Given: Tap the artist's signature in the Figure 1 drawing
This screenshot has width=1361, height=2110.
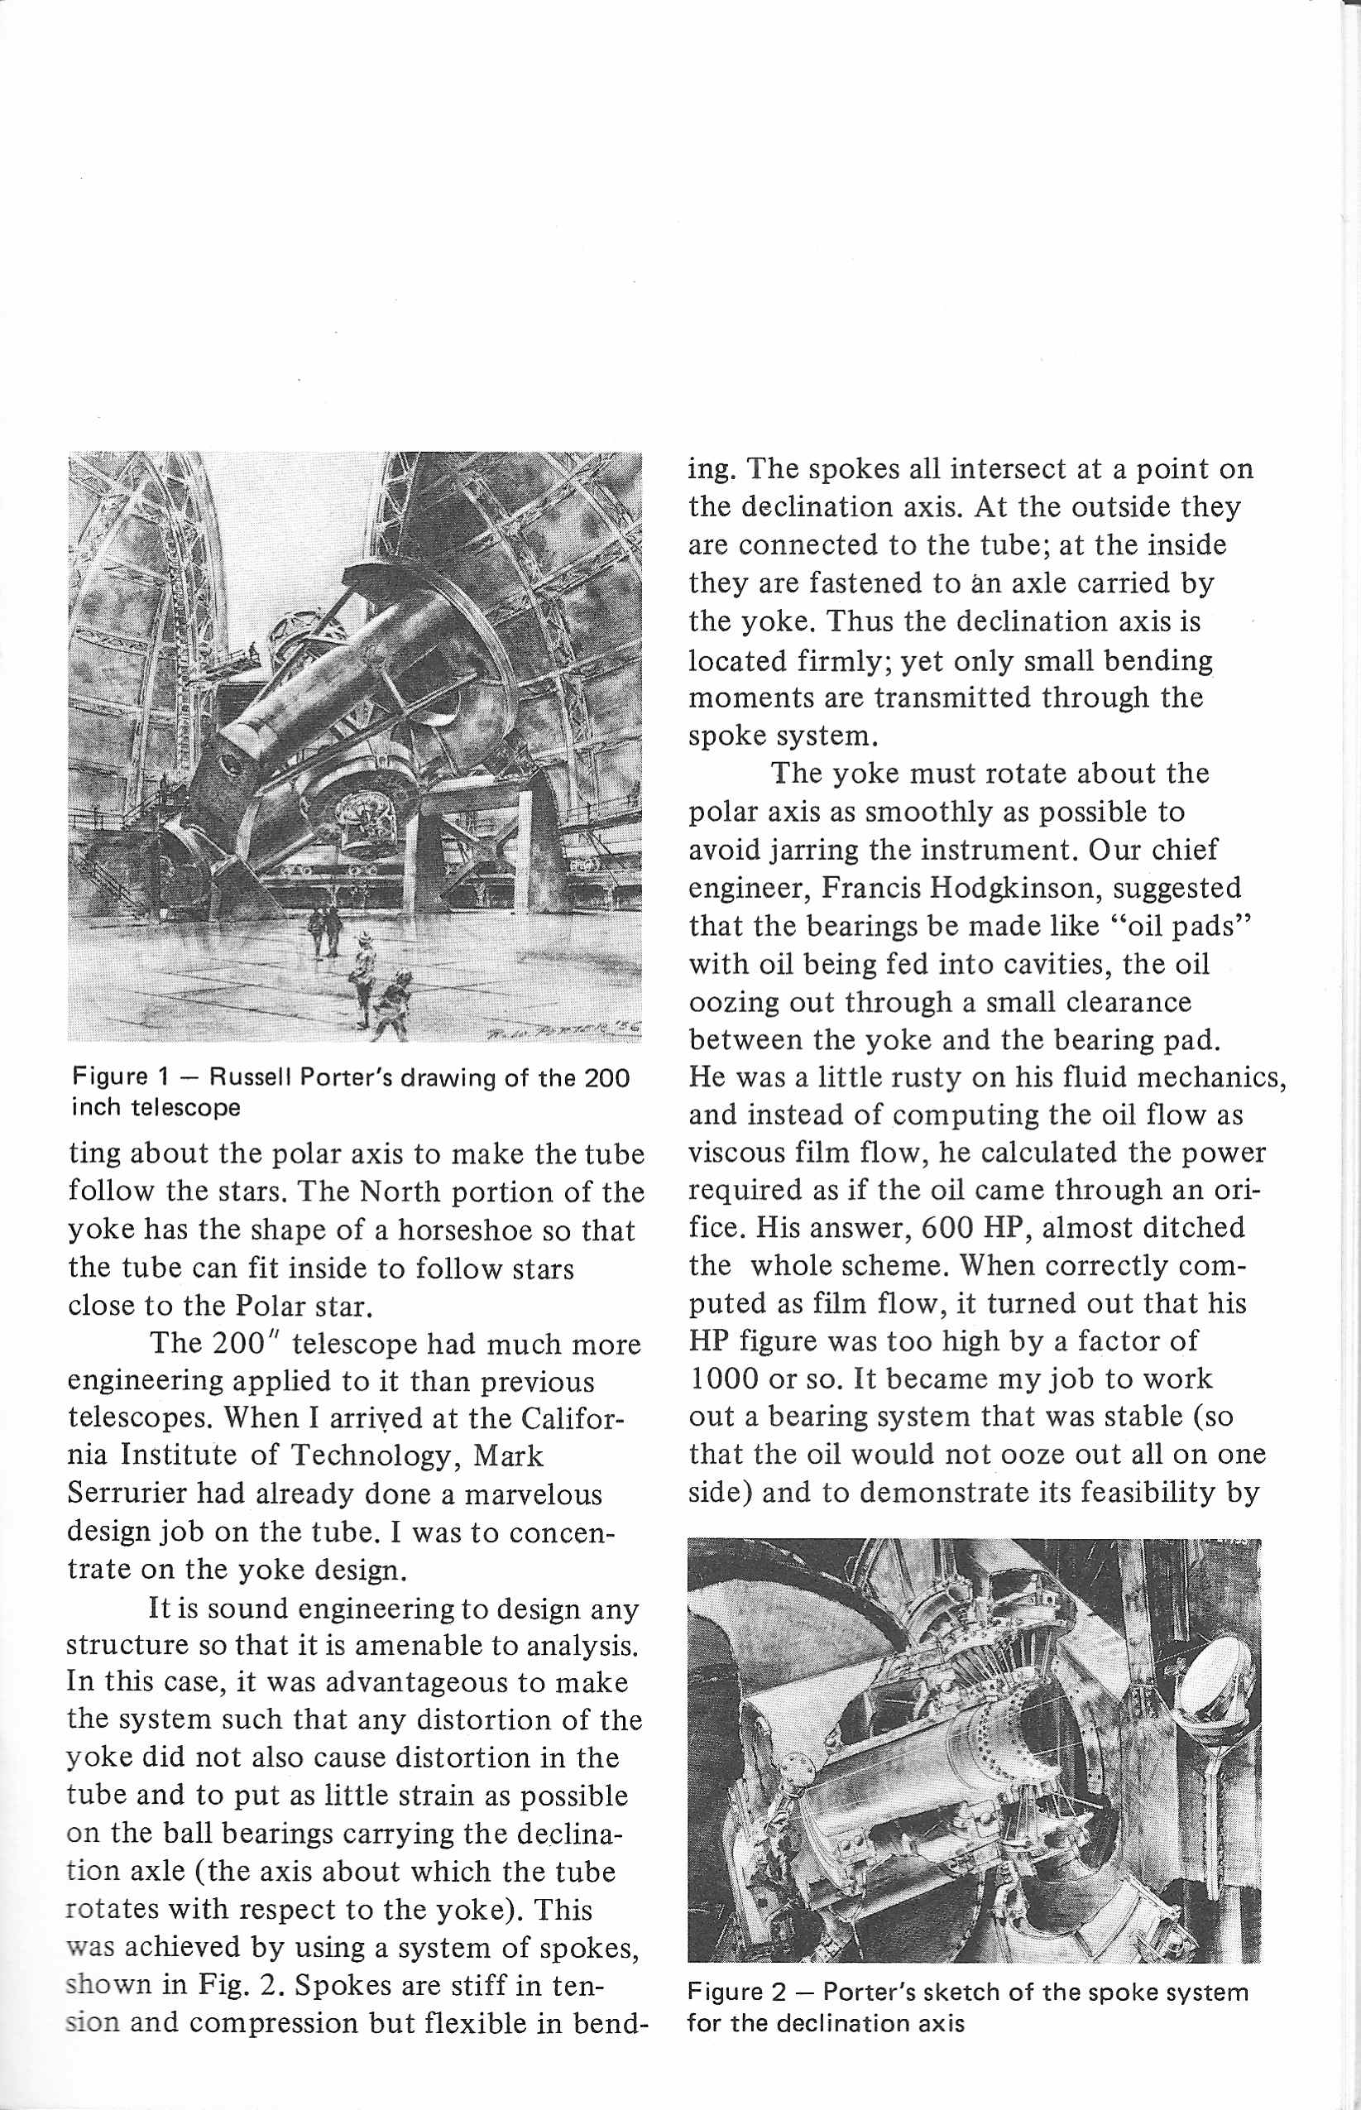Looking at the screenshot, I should coord(566,1029).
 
